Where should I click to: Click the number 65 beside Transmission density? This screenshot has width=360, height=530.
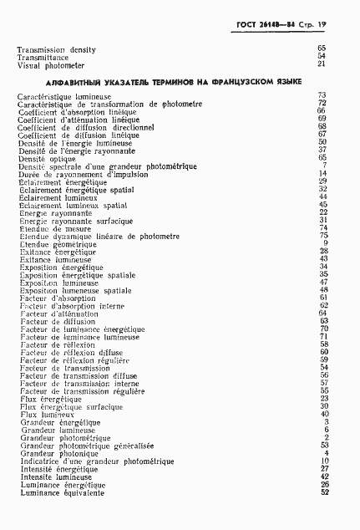tap(322, 49)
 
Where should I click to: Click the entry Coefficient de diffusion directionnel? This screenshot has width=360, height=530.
tap(79, 126)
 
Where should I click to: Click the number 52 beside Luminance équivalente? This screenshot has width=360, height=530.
tap(322, 492)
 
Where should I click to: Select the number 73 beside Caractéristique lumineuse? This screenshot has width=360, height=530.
tap(322, 96)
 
